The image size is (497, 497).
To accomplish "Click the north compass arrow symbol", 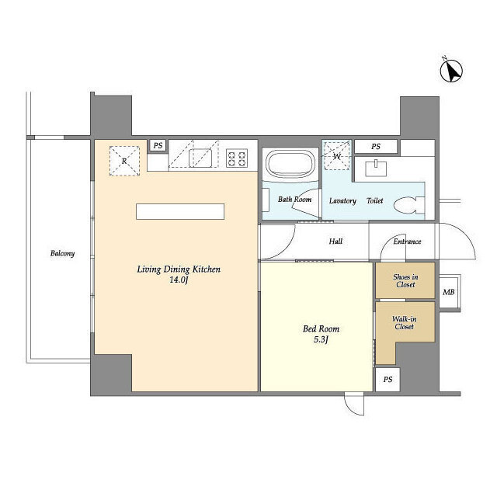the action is [x=451, y=71].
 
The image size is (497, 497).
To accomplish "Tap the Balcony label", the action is [x=62, y=253].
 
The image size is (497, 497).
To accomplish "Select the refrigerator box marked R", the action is [x=124, y=161].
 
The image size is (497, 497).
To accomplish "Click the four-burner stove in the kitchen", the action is [x=237, y=158].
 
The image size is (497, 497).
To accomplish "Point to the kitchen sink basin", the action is [x=200, y=158].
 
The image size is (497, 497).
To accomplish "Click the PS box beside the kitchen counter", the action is [x=158, y=145].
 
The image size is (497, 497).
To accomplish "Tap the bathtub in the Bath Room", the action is [x=290, y=164].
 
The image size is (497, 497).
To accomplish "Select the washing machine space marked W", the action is [x=336, y=155].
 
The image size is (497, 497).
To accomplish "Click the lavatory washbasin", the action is [x=376, y=169].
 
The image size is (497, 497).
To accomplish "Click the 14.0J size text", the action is [x=179, y=280].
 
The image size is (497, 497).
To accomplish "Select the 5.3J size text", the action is [x=321, y=339].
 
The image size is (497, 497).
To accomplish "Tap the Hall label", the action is [x=335, y=242].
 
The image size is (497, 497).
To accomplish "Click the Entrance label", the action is [x=407, y=242].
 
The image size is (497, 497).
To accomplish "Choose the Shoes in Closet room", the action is [x=405, y=280].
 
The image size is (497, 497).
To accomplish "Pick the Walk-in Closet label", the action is [x=404, y=323].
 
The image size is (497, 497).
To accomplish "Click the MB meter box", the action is [x=449, y=292].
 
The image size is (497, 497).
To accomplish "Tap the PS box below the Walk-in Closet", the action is [x=388, y=380].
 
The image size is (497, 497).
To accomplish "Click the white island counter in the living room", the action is [x=180, y=211].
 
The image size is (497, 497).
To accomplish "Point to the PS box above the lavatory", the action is [x=376, y=147].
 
